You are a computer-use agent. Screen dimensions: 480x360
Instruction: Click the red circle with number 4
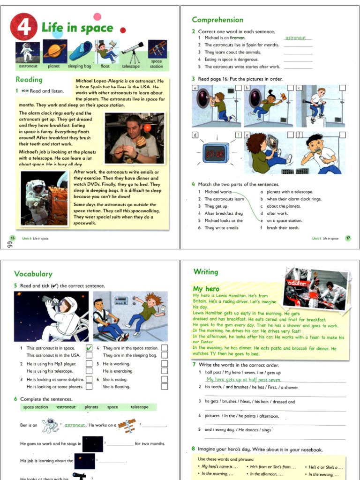pos(24,27)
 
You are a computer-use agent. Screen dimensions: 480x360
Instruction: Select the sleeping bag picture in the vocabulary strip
pos(80,52)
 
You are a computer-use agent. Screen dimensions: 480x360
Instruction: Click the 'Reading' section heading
pos(29,80)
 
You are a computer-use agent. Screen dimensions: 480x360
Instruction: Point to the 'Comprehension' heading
pos(217,20)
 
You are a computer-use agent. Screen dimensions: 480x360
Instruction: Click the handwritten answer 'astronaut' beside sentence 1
pos(296,37)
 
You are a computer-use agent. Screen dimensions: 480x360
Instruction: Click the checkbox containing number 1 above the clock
pos(238,135)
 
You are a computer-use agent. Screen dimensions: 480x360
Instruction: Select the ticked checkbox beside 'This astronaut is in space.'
pos(89,348)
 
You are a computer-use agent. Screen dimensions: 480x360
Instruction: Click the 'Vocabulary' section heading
pos(33,274)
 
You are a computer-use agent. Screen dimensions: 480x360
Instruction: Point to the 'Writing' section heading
pos(206,272)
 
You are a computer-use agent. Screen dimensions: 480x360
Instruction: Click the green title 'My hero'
pos(206,289)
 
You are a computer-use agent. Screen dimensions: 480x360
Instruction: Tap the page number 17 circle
pos(348,238)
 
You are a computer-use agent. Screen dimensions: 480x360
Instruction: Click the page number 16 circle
pos(12,238)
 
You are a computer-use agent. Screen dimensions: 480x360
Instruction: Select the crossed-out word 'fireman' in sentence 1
pos(238,37)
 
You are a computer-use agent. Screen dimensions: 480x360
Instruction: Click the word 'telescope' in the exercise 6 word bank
pos(140,407)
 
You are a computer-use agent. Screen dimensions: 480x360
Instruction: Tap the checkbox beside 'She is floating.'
pos(165,387)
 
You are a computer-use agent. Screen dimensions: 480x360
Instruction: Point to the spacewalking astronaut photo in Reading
pos(44,198)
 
